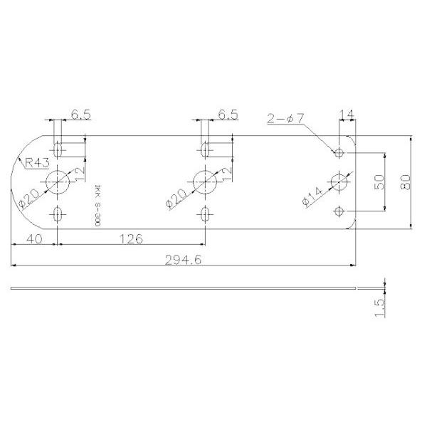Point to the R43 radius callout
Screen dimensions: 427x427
(36, 163)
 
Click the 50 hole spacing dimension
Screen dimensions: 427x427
(379, 181)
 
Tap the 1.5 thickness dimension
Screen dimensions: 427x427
(378, 308)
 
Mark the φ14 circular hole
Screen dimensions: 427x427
(339, 182)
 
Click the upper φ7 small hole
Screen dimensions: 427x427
(339, 153)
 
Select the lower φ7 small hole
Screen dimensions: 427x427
(339, 211)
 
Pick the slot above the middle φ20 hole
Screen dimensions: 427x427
(205, 150)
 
